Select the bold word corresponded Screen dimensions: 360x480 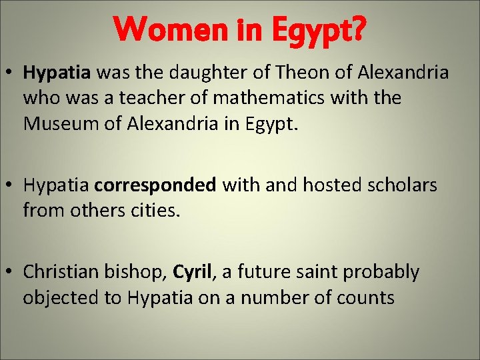pos(155,185)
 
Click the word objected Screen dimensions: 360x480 pos(61,297)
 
